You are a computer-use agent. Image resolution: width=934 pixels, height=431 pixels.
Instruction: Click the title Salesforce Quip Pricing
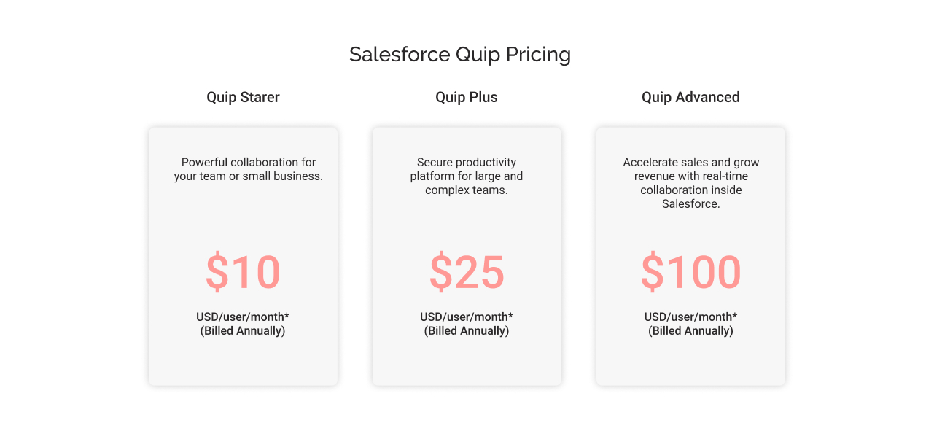[459, 55]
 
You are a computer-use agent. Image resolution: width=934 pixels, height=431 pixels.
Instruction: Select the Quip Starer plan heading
[243, 97]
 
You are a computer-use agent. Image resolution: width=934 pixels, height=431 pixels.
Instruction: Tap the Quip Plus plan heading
[467, 97]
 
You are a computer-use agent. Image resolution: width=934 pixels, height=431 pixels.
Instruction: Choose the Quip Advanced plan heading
[690, 97]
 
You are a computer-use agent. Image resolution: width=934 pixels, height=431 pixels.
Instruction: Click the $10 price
[243, 272]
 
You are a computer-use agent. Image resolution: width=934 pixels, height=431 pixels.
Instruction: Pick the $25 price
[467, 272]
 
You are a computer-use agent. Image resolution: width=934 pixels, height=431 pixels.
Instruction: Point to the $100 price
[690, 272]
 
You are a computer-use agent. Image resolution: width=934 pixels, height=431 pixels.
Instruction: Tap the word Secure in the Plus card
[435, 163]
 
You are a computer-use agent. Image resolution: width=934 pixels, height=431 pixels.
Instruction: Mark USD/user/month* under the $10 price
[243, 317]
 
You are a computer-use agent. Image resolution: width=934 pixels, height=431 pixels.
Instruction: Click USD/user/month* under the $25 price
[467, 317]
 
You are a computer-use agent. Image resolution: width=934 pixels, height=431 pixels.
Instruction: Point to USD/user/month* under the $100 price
[690, 317]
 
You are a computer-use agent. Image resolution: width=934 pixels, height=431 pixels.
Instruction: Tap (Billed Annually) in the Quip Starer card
[243, 331]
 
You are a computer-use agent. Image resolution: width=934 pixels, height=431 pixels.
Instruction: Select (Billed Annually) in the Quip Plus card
[467, 331]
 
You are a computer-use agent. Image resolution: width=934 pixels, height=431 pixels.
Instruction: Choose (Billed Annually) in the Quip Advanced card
[690, 331]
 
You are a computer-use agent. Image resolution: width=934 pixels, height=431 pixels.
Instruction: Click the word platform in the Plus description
[432, 176]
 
